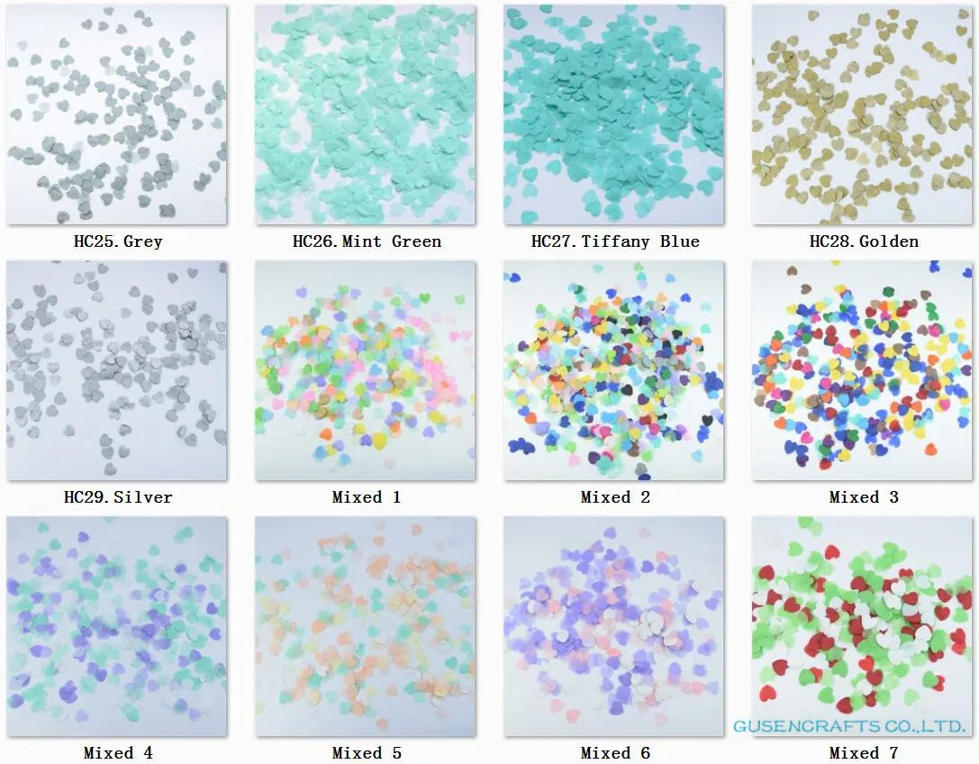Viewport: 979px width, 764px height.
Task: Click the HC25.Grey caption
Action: click(118, 241)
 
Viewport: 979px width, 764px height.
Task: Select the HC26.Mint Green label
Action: click(367, 241)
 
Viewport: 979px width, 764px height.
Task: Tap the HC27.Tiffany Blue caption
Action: click(615, 241)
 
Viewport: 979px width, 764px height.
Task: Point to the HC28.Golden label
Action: click(864, 241)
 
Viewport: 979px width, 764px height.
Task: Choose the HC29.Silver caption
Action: click(118, 496)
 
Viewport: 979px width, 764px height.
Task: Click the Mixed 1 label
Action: click(367, 496)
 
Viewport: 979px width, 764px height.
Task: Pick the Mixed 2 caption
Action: click(615, 496)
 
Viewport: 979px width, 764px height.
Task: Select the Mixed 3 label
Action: click(864, 496)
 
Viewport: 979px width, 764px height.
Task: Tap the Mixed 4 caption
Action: click(118, 752)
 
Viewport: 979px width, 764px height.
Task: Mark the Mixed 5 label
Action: click(367, 752)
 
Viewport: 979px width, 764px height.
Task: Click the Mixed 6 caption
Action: click(615, 752)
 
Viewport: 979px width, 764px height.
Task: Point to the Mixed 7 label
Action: click(864, 752)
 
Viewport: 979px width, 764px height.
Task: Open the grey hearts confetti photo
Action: click(117, 114)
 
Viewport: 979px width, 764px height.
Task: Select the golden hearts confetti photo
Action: click(863, 114)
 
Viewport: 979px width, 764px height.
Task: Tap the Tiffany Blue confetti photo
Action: click(613, 114)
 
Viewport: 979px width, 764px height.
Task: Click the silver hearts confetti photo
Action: click(117, 370)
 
